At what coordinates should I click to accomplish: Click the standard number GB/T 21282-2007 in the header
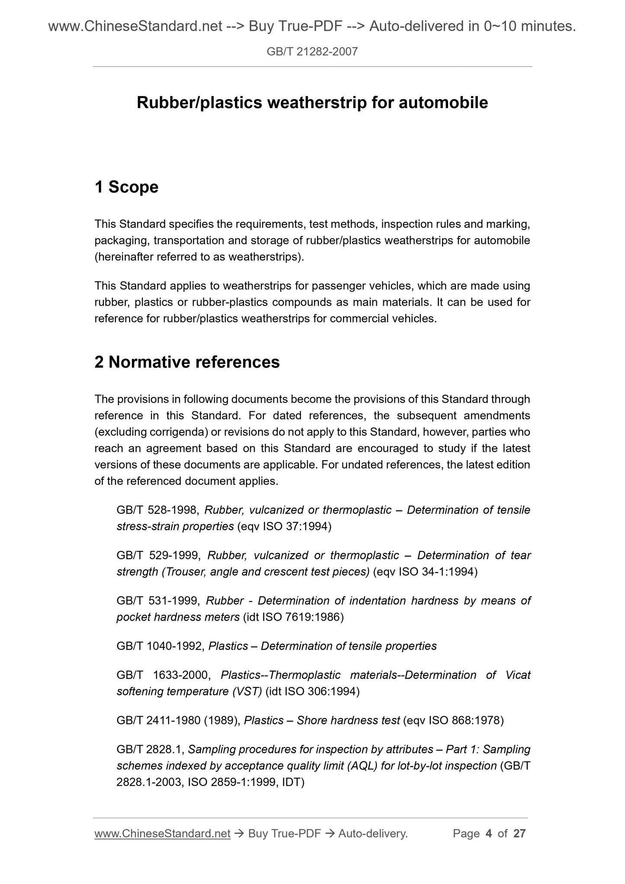[x=312, y=52]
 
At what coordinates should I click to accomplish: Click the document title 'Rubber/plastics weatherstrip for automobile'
[x=312, y=103]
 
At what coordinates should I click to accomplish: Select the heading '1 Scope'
[x=126, y=187]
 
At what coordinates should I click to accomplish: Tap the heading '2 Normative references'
[x=187, y=362]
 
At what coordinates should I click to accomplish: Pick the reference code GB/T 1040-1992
[x=159, y=646]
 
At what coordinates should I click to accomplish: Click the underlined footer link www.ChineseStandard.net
[x=162, y=833]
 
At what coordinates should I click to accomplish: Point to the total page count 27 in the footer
[x=519, y=833]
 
